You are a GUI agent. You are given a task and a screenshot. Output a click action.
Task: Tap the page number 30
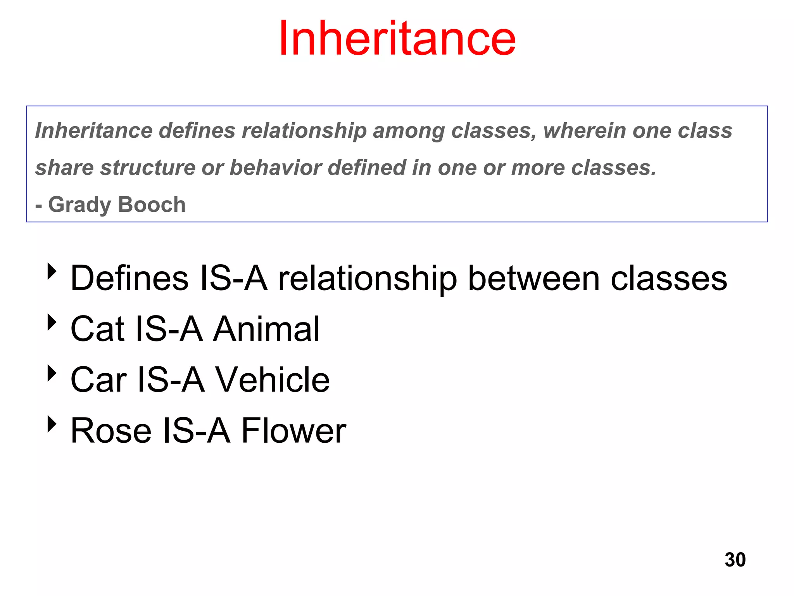click(x=735, y=560)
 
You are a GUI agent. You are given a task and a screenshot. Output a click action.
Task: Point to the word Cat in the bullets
click(x=97, y=329)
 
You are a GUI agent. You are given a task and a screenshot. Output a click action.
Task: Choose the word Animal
click(x=266, y=329)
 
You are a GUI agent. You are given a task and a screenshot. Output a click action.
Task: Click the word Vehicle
click(x=272, y=379)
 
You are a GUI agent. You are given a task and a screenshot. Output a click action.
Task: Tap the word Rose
click(x=111, y=430)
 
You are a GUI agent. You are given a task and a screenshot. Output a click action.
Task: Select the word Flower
click(x=293, y=430)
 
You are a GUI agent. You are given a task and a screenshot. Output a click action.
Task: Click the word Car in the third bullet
click(x=98, y=379)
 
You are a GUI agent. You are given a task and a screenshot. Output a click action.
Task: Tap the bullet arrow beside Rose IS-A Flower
click(x=52, y=424)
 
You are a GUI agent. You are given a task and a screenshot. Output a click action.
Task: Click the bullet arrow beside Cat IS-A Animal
click(x=52, y=322)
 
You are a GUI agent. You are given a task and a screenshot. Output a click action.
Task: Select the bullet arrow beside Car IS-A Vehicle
click(x=52, y=373)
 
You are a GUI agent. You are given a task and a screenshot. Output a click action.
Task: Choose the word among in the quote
click(x=409, y=131)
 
